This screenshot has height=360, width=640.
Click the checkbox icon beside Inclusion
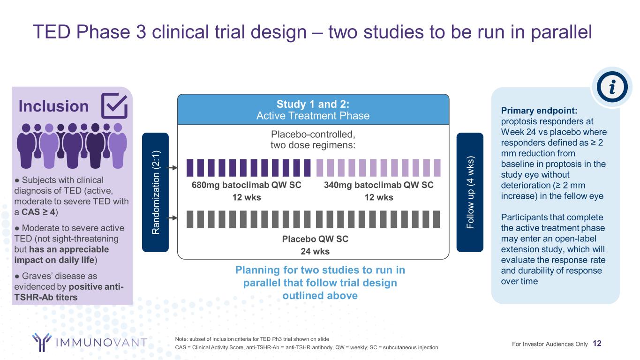pyautogui.click(x=114, y=105)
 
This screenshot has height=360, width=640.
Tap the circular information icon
pyautogui.click(x=612, y=87)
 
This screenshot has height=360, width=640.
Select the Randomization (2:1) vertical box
pyautogui.click(x=156, y=192)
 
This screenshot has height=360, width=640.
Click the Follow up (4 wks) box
pyautogui.click(x=470, y=192)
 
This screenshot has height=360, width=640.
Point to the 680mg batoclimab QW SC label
pyautogui.click(x=246, y=185)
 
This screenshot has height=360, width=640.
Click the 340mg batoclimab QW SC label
pyautogui.click(x=378, y=185)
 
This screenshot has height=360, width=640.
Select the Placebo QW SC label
pyautogui.click(x=315, y=239)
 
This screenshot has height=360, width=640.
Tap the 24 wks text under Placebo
pyautogui.click(x=315, y=251)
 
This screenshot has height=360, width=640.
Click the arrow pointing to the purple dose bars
pyautogui.click(x=172, y=168)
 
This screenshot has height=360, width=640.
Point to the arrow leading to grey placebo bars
pyautogui.click(x=172, y=218)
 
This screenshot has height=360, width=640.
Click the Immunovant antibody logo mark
pyautogui.click(x=42, y=342)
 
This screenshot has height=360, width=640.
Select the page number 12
pyautogui.click(x=597, y=343)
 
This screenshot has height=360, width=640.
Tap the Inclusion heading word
pyautogui.click(x=54, y=106)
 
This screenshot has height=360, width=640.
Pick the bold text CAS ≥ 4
pyautogui.click(x=38, y=212)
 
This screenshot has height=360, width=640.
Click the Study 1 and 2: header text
pyautogui.click(x=313, y=104)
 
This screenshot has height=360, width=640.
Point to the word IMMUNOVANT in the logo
pyautogui.click(x=101, y=342)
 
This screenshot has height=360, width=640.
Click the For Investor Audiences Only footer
pyautogui.click(x=550, y=344)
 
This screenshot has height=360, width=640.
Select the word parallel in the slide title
pyautogui.click(x=561, y=32)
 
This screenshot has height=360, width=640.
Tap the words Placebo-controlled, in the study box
pyautogui.click(x=313, y=134)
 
